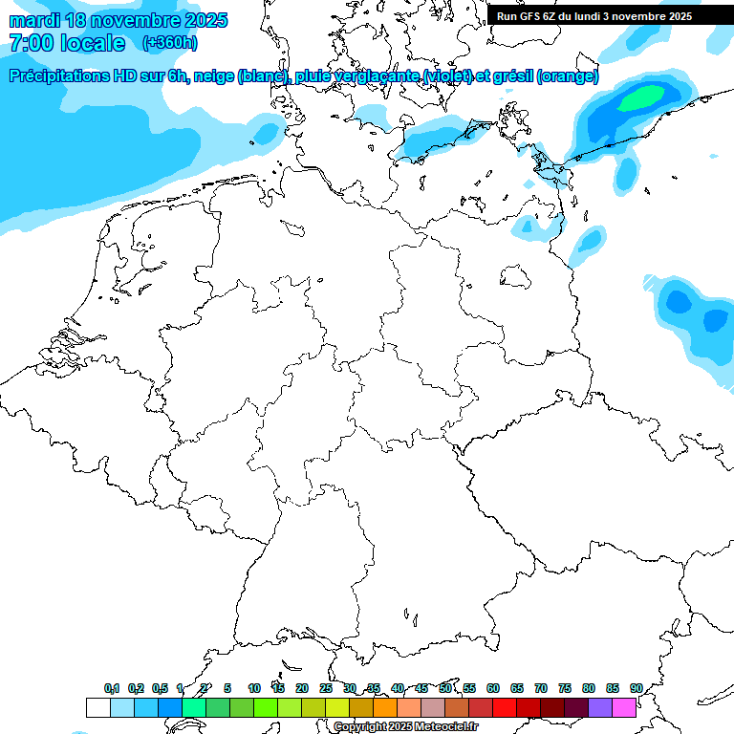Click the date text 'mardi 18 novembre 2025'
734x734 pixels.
119,20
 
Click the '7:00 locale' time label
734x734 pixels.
67,43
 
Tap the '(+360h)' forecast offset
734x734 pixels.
169,43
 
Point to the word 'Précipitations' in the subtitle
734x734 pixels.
58,76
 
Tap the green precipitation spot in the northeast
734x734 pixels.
641,97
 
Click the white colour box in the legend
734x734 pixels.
97,707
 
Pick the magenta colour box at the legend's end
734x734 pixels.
624,707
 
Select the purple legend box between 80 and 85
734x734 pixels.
600,707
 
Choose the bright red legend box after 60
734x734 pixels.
505,707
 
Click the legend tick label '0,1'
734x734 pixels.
112,688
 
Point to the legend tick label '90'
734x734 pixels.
636,688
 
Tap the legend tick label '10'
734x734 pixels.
254,688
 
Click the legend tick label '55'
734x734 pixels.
469,688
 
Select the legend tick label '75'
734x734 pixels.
565,688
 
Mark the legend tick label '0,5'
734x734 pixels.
160,688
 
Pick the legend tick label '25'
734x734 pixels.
326,688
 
